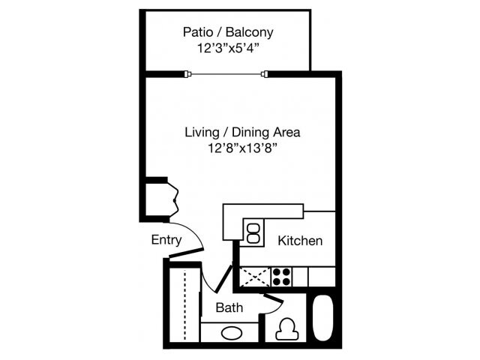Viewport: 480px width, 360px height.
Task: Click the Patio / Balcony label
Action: click(x=228, y=32)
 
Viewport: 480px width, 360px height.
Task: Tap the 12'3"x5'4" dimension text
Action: click(x=228, y=49)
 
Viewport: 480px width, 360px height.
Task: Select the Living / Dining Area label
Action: click(x=242, y=133)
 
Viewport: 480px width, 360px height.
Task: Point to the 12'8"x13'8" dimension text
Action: click(x=242, y=148)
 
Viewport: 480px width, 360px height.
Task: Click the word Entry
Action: click(x=166, y=240)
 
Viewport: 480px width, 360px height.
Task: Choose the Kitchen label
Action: click(x=300, y=241)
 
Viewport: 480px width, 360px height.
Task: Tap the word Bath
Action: click(x=229, y=307)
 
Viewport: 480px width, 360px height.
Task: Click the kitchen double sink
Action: click(x=253, y=232)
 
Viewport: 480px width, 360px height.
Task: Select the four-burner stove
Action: click(x=282, y=277)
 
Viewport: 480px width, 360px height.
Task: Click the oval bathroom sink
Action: click(x=230, y=333)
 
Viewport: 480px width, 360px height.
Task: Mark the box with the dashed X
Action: click(x=254, y=276)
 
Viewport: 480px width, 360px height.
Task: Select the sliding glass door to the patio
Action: click(x=227, y=73)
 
